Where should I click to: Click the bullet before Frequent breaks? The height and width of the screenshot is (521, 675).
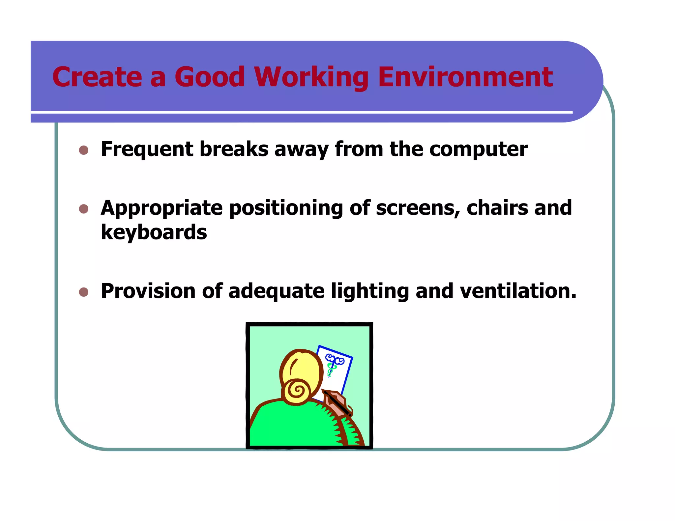pos(84,150)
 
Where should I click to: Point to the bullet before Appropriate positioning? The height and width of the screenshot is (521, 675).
pos(84,209)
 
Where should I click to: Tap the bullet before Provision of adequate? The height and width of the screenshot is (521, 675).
pos(84,292)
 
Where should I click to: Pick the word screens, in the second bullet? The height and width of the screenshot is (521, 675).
pos(418,208)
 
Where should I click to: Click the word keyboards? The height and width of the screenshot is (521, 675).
pos(154,232)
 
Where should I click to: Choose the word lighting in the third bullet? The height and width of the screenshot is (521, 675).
pos(370,292)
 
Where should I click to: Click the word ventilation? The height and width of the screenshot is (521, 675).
pos(517,291)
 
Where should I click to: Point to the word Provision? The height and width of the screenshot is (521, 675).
pos(148,291)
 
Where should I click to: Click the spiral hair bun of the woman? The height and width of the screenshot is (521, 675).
pos(297,391)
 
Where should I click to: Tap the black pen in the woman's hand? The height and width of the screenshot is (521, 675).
pos(337,403)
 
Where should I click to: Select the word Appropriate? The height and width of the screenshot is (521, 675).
pos(162,209)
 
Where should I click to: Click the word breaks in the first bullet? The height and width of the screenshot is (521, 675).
pos(234,149)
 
